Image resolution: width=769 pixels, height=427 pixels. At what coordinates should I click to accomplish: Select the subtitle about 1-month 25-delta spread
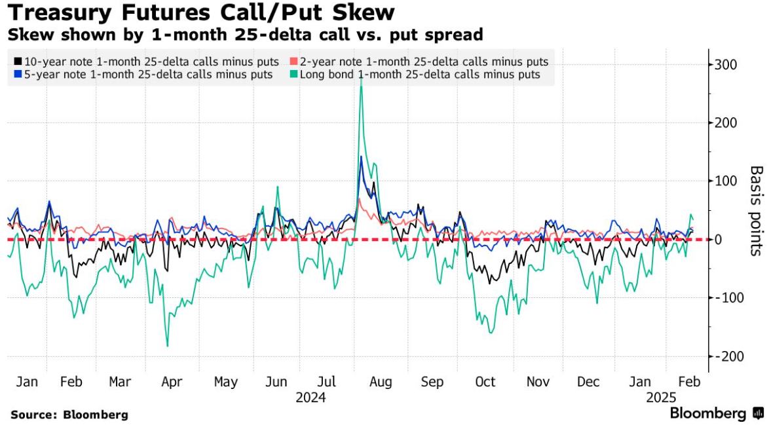tap(246, 33)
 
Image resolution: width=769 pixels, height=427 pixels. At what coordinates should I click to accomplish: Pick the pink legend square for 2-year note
tap(293, 62)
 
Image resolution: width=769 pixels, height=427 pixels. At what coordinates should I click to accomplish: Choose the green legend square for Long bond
tap(293, 75)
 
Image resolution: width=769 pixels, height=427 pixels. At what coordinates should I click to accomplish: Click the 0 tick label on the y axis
tap(719, 240)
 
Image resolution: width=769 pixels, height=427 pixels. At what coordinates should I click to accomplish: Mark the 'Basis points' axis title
tap(757, 210)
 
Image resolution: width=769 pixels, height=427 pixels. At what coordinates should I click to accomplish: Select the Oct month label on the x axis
tap(485, 382)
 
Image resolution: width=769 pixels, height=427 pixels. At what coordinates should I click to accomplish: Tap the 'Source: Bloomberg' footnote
tap(69, 415)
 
